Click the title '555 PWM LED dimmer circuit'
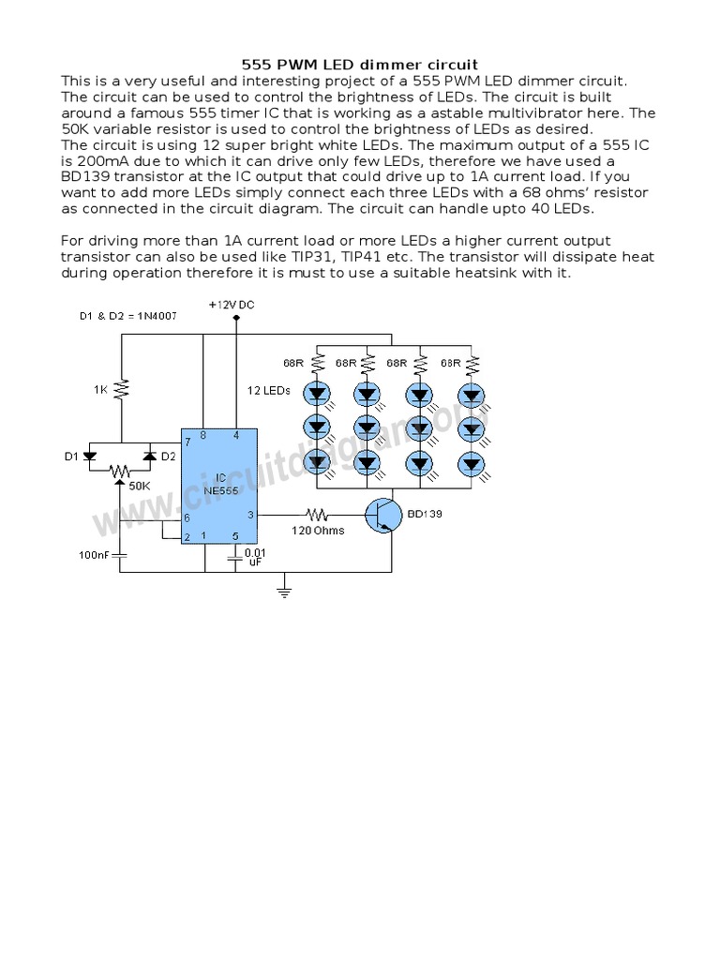tap(359, 66)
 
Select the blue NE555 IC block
tap(219, 487)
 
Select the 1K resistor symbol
tap(122, 388)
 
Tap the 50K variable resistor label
tap(139, 487)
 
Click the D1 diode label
tap(70, 457)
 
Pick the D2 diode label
tap(168, 457)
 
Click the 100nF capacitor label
tap(94, 555)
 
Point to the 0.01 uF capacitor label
tap(254, 557)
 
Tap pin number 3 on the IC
tap(249, 515)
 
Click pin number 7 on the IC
tap(187, 440)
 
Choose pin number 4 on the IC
tap(236, 435)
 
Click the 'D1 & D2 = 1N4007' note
tap(127, 315)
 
